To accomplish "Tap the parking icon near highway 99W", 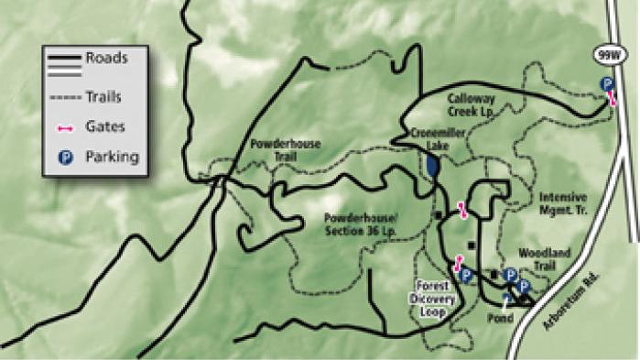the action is [x=606, y=84].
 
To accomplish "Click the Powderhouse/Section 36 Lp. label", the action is [x=359, y=224].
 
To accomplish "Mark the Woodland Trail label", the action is [x=546, y=258].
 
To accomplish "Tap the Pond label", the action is [x=500, y=319].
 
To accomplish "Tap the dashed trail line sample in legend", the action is [x=63, y=95].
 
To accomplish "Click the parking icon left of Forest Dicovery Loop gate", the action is [x=466, y=274].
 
